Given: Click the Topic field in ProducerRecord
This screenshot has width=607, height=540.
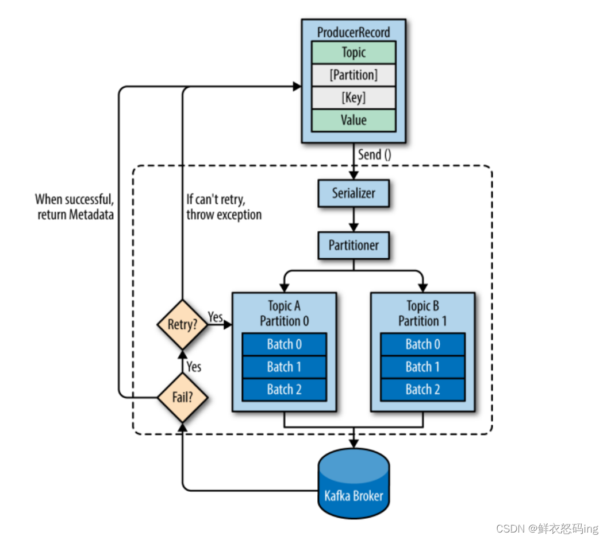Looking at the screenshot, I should click(x=354, y=52).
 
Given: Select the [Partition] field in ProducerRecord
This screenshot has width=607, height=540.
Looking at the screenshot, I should click(x=354, y=75).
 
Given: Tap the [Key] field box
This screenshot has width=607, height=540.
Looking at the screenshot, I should click(x=354, y=98).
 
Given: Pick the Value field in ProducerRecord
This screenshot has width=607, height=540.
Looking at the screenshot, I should click(x=354, y=120).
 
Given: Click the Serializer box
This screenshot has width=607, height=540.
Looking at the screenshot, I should click(x=354, y=193).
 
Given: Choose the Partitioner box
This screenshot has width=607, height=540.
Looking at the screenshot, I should click(x=354, y=245).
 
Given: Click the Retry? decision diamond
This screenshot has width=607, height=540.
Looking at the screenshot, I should click(x=182, y=325).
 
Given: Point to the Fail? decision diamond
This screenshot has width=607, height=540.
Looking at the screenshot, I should click(x=182, y=397).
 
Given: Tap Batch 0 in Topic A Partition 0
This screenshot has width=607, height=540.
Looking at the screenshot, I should click(x=285, y=344).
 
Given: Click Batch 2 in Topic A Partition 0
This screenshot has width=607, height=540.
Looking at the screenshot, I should click(x=285, y=390).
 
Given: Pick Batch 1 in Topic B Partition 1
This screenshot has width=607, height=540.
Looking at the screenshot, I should click(x=423, y=367).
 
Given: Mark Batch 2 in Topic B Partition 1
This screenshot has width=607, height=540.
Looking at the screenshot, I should click(x=423, y=390).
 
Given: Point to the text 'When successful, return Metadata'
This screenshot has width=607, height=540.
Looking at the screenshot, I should click(x=75, y=207).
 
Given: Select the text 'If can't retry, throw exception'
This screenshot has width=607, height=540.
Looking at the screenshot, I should click(x=224, y=207).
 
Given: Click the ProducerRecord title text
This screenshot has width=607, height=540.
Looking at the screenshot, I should click(x=354, y=32).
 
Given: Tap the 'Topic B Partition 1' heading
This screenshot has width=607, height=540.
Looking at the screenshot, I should click(x=423, y=313).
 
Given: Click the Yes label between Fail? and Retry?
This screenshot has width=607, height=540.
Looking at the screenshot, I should click(x=194, y=366).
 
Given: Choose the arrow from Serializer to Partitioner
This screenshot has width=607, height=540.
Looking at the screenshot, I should click(x=354, y=219).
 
